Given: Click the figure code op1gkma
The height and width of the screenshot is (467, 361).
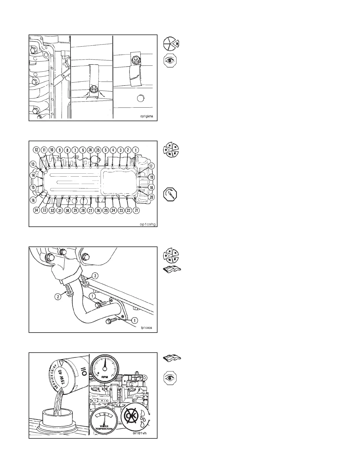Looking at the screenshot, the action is pos(147,116).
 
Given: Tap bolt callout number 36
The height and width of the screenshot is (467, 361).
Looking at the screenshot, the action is pos(91,149).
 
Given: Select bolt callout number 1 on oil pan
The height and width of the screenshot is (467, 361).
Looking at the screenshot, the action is pos(135,149).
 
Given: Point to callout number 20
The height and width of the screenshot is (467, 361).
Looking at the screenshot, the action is pos(151,197).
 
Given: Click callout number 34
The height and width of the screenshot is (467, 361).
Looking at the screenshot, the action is pos(37,211).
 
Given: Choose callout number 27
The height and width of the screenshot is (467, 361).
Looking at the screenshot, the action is pos(91,211).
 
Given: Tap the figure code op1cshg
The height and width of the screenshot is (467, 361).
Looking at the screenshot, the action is pos(147,224).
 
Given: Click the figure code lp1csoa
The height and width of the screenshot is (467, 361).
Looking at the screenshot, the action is pos(147,328).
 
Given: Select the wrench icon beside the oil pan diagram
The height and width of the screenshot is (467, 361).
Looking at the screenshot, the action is pos(170,194).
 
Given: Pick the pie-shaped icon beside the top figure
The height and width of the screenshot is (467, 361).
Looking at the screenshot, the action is pos(171,43).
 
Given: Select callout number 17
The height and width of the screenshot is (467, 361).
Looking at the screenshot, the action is pos(151,166).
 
